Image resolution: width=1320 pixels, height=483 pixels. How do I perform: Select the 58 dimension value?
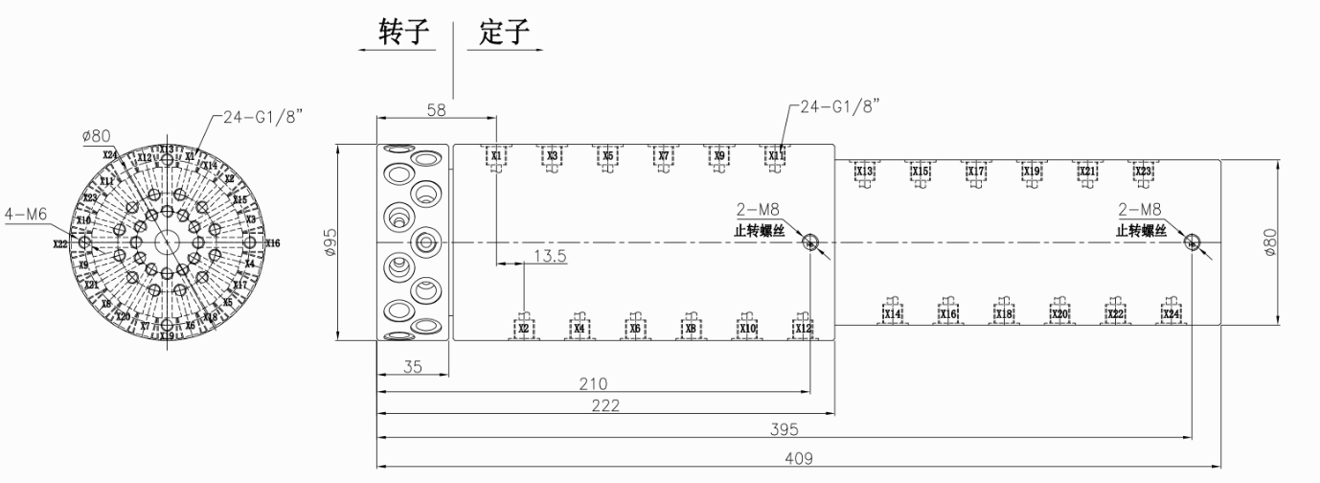click(x=436, y=111)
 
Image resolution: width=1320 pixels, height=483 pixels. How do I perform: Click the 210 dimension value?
click(x=594, y=384)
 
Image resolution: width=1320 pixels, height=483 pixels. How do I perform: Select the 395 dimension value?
click(x=785, y=428)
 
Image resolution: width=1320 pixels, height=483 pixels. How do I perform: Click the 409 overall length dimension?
click(x=798, y=458)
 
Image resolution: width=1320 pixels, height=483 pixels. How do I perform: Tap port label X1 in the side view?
click(x=496, y=155)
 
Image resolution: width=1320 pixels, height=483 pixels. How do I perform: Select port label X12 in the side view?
click(x=803, y=329)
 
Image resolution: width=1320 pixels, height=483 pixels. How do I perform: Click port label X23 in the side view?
click(x=1142, y=172)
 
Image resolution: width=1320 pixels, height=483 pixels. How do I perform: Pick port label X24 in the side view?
click(x=1171, y=314)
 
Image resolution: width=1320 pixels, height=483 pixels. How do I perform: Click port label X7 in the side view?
click(x=663, y=155)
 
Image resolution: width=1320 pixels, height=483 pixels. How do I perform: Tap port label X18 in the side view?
click(x=1004, y=314)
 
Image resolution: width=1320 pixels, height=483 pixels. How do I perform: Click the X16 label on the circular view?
click(x=273, y=243)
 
